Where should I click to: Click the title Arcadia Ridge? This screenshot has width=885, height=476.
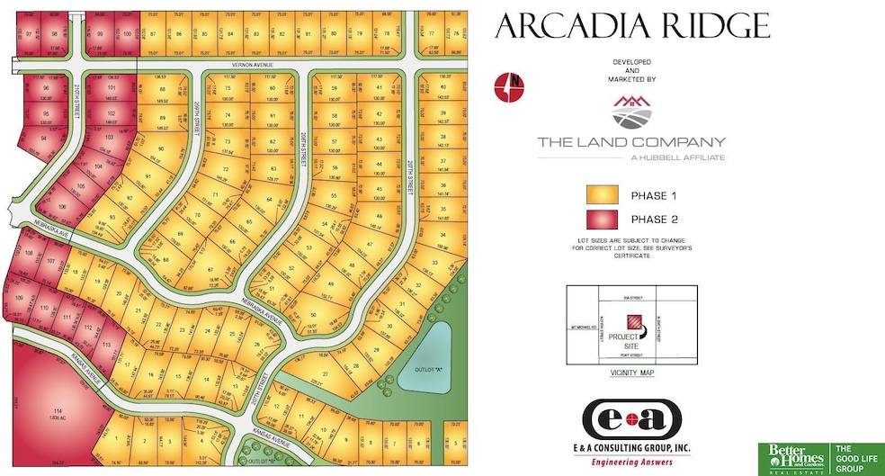(631, 26)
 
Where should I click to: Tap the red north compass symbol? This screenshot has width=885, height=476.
(509, 86)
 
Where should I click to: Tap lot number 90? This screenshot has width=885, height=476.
(161, 148)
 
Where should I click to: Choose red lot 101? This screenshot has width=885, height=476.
(112, 88)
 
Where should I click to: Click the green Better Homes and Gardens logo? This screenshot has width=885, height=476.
(794, 457)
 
